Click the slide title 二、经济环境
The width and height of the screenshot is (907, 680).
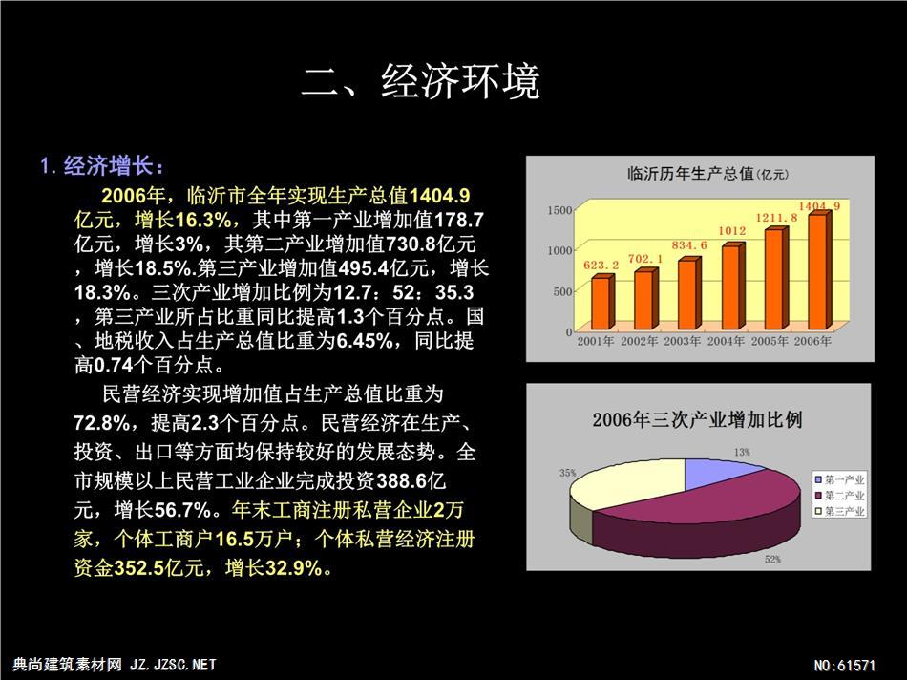pos(420,81)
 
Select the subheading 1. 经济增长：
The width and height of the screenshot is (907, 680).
pos(102,166)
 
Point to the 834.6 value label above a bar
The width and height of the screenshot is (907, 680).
pos(689,245)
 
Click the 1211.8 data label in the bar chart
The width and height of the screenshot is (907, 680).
pos(776,218)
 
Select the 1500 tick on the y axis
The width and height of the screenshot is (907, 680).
pos(559,210)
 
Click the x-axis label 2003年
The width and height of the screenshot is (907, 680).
pos(682,342)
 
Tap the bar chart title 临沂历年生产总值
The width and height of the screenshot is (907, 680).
pos(690,173)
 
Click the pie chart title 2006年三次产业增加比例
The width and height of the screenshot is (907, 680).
pos(697,419)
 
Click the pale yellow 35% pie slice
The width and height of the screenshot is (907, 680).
pos(624,483)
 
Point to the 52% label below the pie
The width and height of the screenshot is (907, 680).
pos(772,559)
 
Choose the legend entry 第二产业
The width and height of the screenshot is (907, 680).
pos(839,496)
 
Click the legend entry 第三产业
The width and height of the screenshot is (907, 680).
pos(839,511)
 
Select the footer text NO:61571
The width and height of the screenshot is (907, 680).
pos(845,666)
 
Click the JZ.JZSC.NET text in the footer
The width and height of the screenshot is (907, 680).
pos(174,665)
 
